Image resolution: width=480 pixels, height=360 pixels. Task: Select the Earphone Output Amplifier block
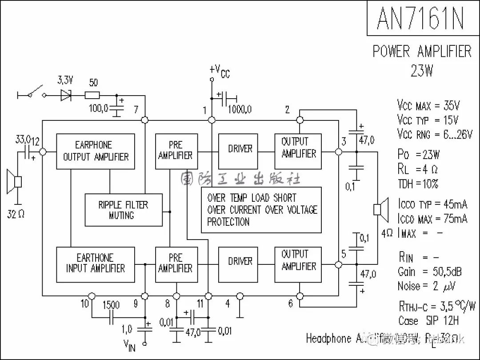coord(96,151)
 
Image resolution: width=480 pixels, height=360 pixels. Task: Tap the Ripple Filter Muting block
coord(124,210)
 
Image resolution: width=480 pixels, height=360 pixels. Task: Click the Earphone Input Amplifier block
coord(96,264)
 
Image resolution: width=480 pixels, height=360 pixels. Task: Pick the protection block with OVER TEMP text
coord(261,210)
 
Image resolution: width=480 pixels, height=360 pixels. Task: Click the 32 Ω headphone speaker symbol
coord(15,182)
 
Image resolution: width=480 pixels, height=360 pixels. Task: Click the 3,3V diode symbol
coord(66,95)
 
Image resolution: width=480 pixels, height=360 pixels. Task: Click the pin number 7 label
coord(136,110)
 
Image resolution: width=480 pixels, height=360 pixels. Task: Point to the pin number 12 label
coord(36,141)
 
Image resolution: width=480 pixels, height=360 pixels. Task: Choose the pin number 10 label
coord(85,304)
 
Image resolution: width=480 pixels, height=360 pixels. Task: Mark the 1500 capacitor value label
coord(111,305)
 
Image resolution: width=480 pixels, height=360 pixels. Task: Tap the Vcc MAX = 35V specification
coord(428,105)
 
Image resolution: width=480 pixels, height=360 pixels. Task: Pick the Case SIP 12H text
coord(428,320)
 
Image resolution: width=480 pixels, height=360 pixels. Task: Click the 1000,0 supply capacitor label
coord(240,109)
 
